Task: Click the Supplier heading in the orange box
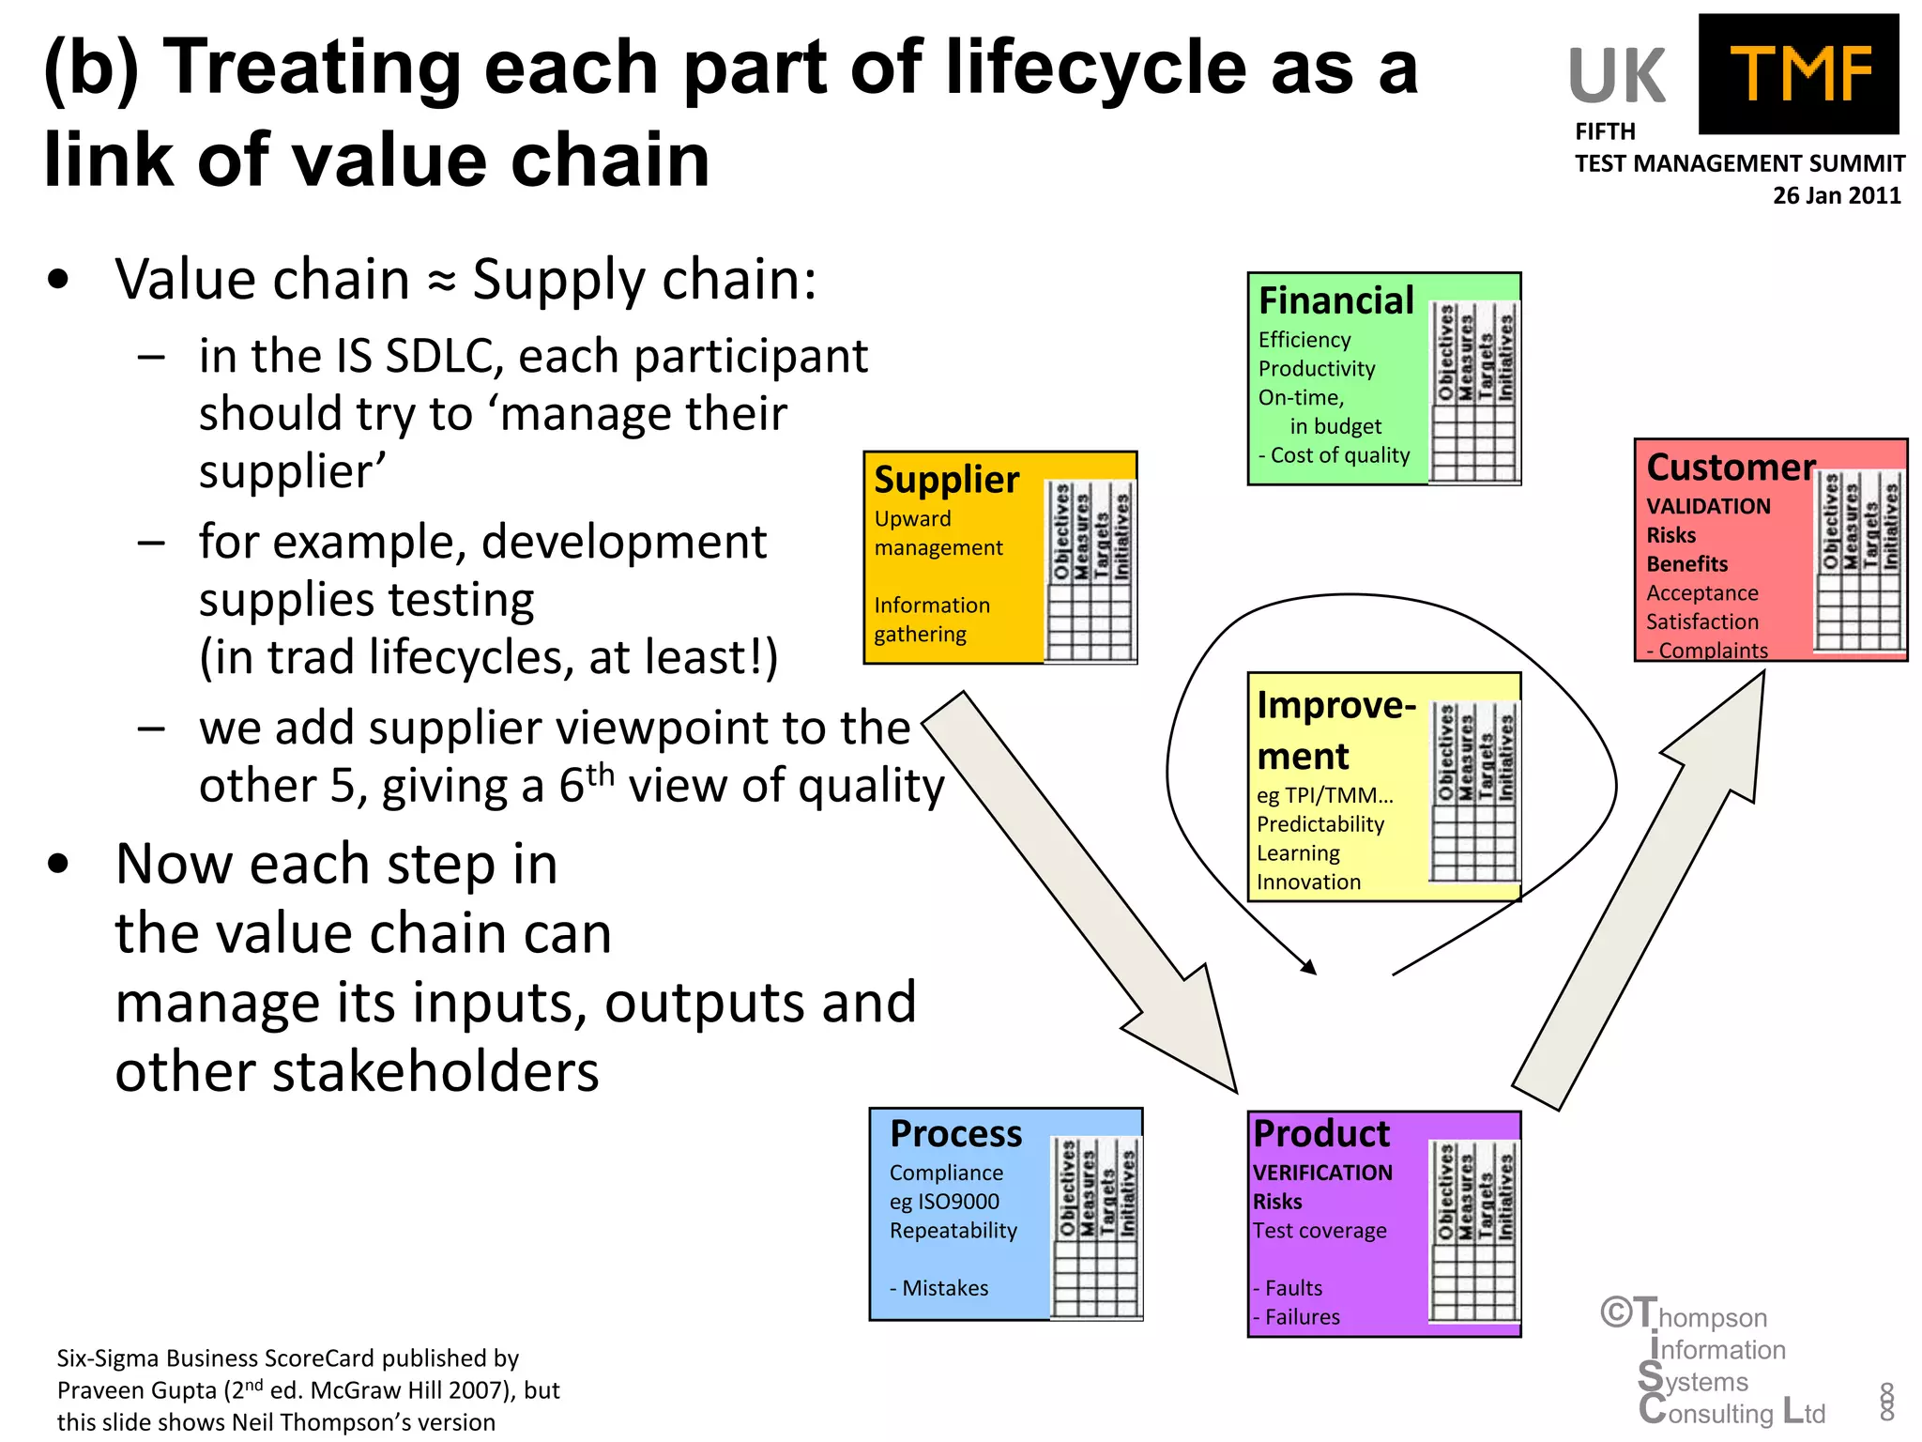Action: tap(946, 480)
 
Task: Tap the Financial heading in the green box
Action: tap(1335, 301)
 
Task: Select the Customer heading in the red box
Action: tap(1731, 467)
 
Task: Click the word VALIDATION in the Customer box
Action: tap(1708, 507)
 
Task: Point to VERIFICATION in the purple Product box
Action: tap(1322, 1173)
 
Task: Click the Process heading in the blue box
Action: tap(955, 1134)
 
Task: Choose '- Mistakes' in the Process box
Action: tap(938, 1288)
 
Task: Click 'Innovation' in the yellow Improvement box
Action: tap(1308, 882)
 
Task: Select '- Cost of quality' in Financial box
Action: tap(1334, 455)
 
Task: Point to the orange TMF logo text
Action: tap(1800, 75)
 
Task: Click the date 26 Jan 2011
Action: tap(1836, 195)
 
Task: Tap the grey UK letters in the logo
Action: tap(1616, 77)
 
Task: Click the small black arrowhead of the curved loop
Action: tap(1309, 967)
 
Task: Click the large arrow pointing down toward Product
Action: tap(1089, 892)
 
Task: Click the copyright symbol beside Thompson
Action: tap(1616, 1312)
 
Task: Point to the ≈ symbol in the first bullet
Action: tap(441, 282)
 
